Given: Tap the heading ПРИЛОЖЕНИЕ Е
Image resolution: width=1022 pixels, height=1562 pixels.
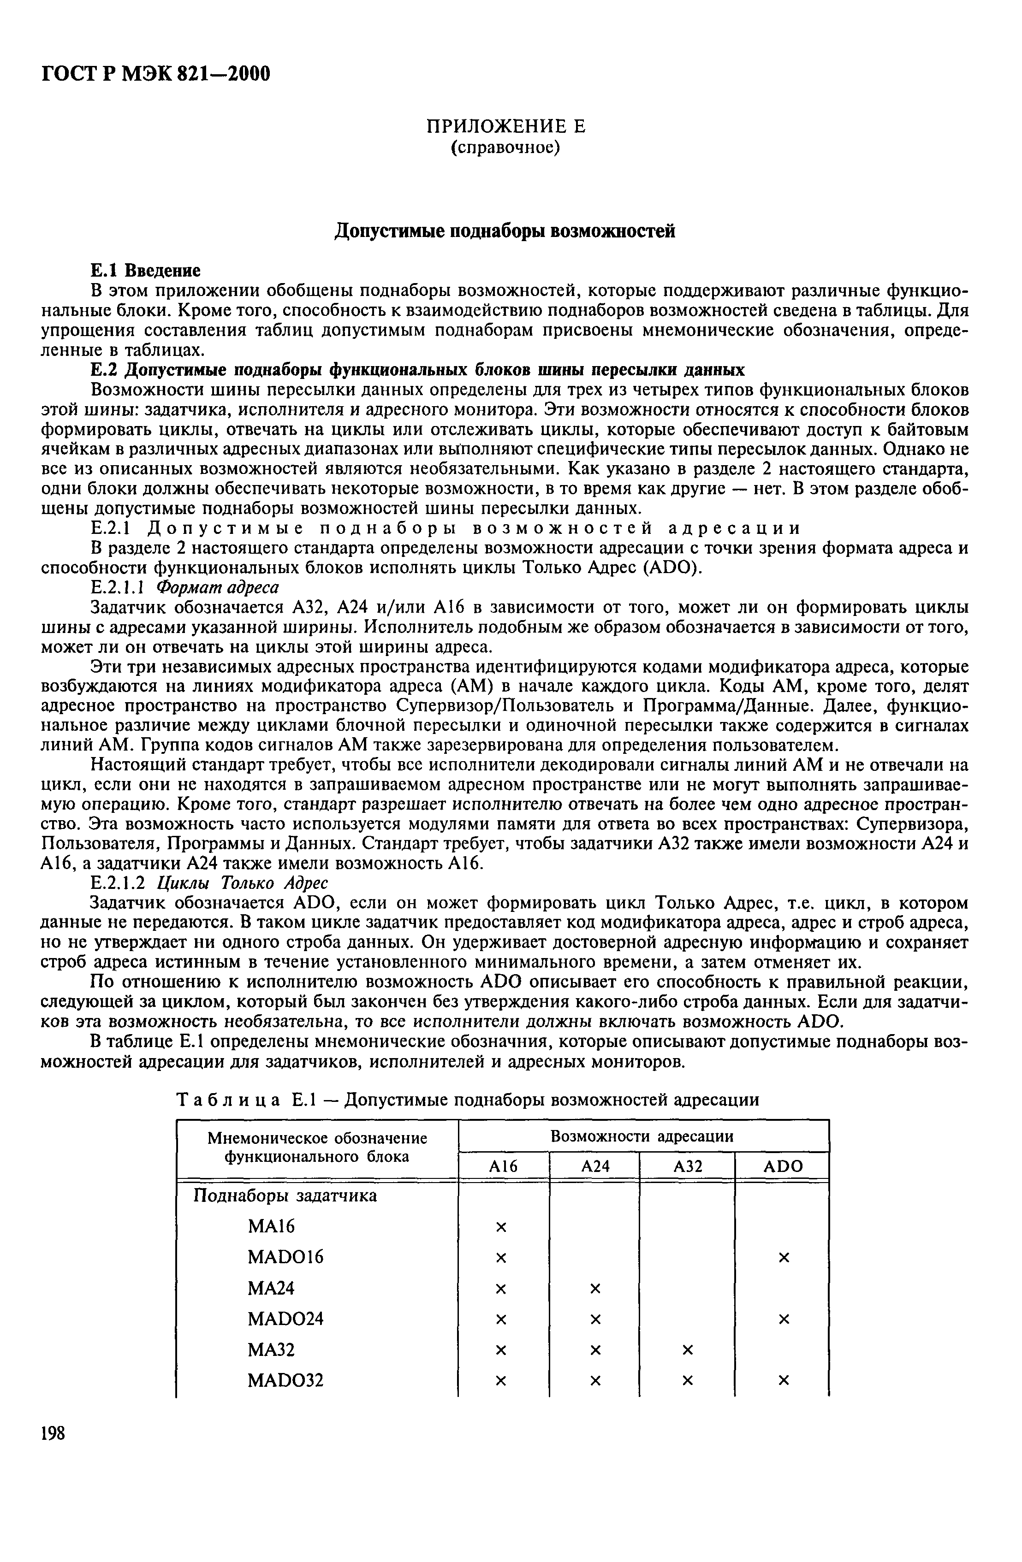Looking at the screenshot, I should pos(505,126).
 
